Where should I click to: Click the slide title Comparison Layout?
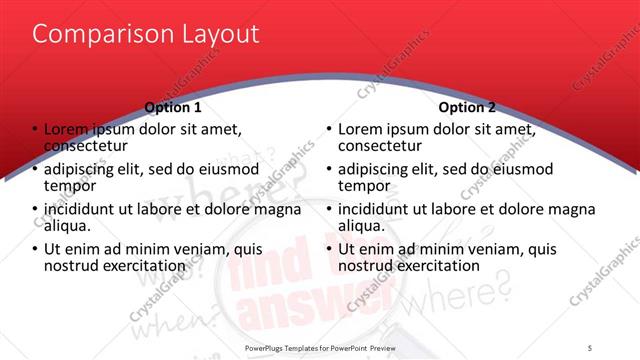click(146, 34)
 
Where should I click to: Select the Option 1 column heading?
click(173, 107)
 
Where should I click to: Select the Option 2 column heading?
click(467, 107)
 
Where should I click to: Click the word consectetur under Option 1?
click(87, 146)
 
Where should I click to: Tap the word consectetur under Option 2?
click(380, 146)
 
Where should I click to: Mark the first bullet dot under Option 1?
click(35, 130)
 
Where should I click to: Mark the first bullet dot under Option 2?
click(329, 130)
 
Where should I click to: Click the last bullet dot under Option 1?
click(35, 249)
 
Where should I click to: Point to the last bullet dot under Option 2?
click(329, 249)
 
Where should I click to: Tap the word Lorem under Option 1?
click(66, 130)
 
